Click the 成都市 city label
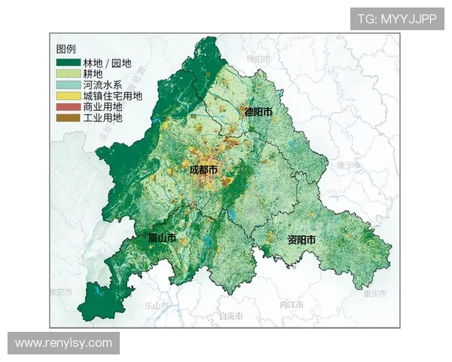(x=203, y=171)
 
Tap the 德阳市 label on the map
(x=258, y=112)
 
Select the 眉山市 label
(x=162, y=238)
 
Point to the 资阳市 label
(x=301, y=240)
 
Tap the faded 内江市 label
(x=292, y=305)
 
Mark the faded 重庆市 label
(x=374, y=293)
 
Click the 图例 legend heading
(x=66, y=49)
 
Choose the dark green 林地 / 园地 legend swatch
(x=68, y=63)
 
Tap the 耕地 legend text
(x=93, y=75)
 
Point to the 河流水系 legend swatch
(x=68, y=85)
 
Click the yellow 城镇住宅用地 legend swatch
(x=68, y=97)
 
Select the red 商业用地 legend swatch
(x=68, y=107)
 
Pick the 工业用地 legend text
(x=104, y=118)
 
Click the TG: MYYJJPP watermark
(x=397, y=19)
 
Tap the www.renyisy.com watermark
(x=63, y=343)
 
